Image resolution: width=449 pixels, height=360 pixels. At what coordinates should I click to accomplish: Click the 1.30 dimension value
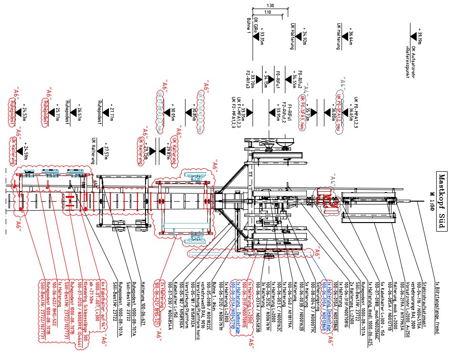coord(271,6)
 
